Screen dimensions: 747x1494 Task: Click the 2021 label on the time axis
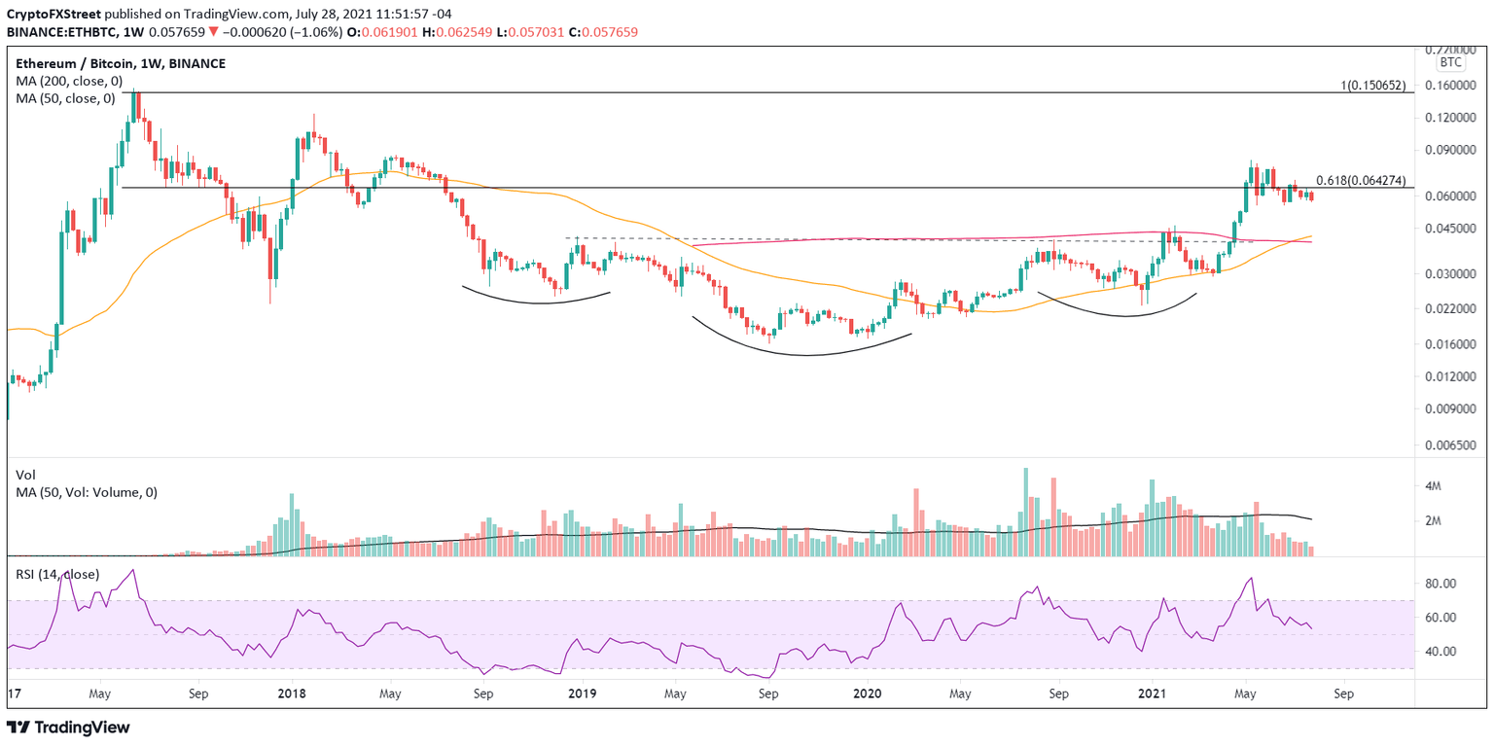tap(1152, 694)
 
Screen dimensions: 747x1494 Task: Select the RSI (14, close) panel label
tap(57, 574)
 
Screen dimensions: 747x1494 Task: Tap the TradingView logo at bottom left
tap(68, 728)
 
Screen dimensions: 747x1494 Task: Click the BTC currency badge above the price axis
tap(1450, 62)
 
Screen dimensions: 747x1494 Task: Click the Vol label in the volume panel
tap(26, 475)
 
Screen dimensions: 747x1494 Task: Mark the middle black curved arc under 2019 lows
tap(802, 352)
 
